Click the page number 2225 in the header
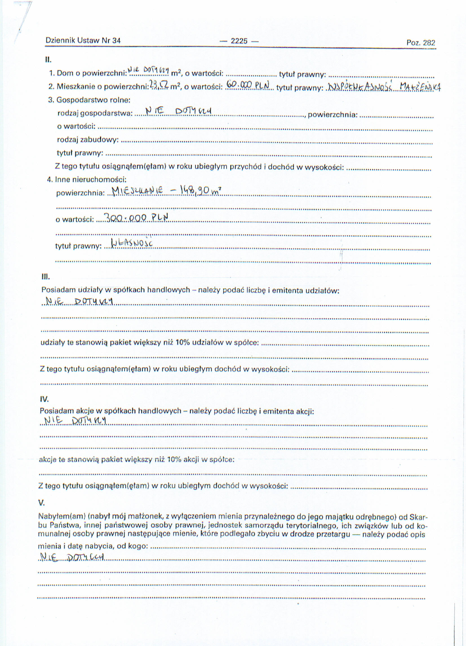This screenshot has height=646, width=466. point(239,41)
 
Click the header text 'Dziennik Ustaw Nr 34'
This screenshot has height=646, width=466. point(83,40)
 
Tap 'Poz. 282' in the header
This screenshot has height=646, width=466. point(421,43)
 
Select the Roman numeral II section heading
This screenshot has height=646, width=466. point(48,60)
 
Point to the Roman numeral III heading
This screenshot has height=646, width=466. point(46,277)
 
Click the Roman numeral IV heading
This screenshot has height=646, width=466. point(45,399)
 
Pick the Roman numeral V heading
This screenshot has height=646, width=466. point(42,503)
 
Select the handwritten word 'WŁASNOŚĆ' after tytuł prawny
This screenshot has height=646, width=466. point(132,243)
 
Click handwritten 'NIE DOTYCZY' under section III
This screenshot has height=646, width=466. point(79,301)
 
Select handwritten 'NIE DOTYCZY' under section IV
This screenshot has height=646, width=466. point(75,421)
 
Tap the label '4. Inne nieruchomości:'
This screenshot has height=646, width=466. point(86,179)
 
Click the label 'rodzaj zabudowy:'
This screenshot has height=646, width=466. point(88,140)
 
